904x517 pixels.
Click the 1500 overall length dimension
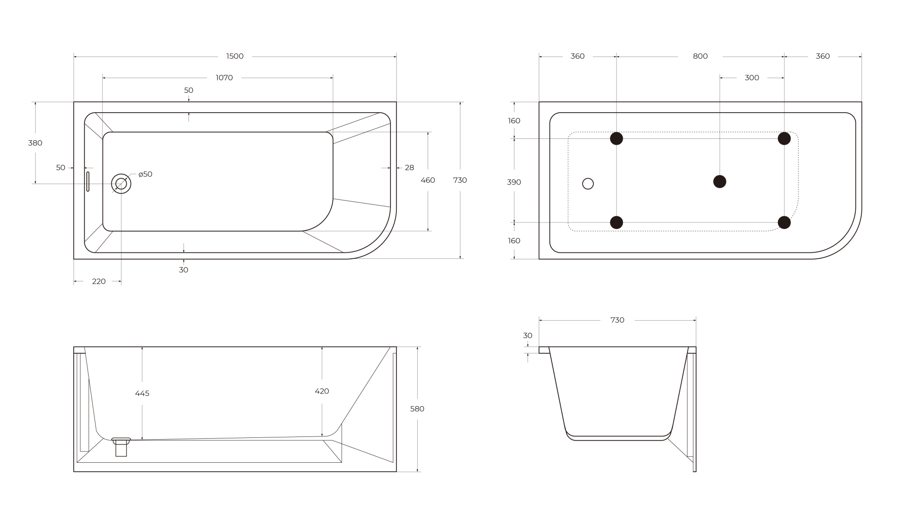coord(235,56)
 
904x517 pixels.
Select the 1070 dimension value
coord(224,78)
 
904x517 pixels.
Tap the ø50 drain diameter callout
coord(145,174)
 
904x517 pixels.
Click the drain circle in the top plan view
coord(121,184)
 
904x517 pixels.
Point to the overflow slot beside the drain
coord(88,181)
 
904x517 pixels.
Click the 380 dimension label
coord(35,143)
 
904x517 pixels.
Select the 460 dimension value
coord(428,180)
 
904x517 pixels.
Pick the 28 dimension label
coord(409,168)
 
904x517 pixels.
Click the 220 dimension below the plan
coord(99,281)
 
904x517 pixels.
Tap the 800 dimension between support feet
coord(700,56)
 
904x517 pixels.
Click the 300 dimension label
coord(752,78)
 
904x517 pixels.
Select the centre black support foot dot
coord(720,181)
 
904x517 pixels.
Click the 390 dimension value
coord(514,182)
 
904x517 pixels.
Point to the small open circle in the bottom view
coord(588,184)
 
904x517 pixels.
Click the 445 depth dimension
coord(142,394)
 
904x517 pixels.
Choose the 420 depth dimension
coord(322,391)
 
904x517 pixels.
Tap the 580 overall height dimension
coord(417,409)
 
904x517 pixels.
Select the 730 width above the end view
coord(617,320)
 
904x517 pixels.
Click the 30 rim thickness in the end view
coord(527,336)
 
